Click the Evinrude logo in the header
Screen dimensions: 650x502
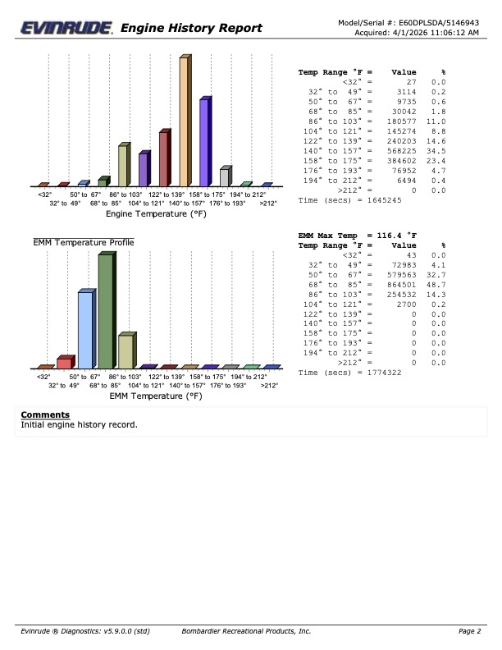pos(67,28)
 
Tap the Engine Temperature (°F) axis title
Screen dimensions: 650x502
pos(155,213)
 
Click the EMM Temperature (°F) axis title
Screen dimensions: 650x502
pos(155,396)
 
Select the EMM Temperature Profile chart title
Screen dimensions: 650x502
pos(84,242)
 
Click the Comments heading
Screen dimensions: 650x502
pos(45,414)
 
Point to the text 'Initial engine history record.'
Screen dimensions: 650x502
pos(79,425)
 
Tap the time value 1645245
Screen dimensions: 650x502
pos(385,199)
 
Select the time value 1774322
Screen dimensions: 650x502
pos(385,372)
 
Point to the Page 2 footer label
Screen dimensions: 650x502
pos(470,630)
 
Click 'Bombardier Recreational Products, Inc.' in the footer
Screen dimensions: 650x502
pos(246,630)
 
